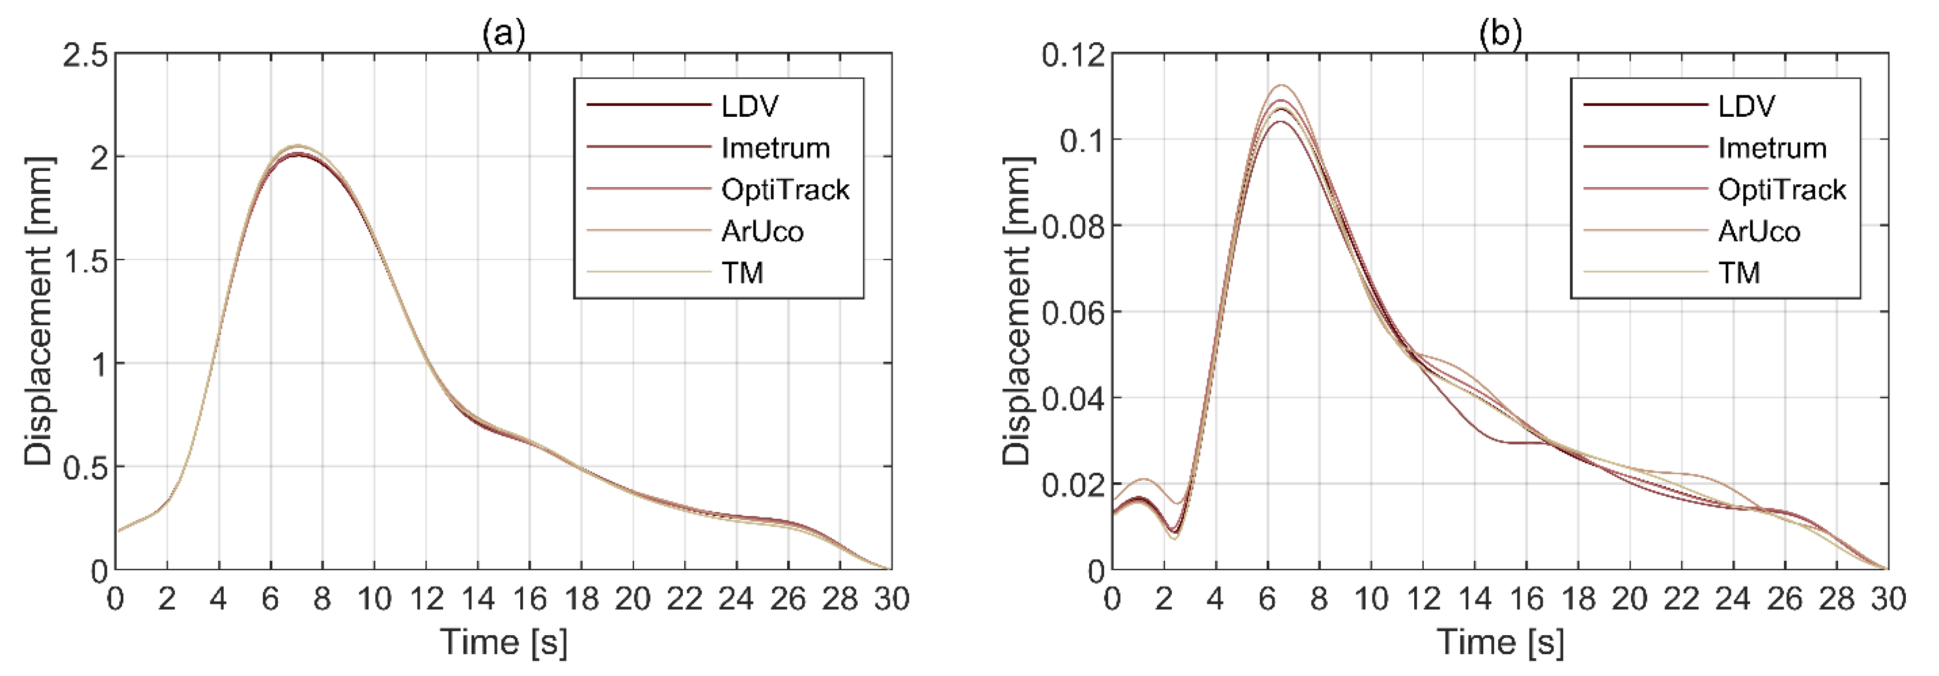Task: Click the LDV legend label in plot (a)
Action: click(x=750, y=106)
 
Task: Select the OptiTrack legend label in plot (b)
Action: click(x=1781, y=190)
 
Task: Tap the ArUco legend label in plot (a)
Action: click(x=762, y=231)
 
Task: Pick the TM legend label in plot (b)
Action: click(x=1739, y=273)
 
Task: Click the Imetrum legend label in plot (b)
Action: click(x=1772, y=149)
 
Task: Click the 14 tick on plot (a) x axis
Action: click(x=478, y=599)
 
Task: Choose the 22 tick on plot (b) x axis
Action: click(x=1681, y=599)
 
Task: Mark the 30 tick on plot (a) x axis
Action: click(x=891, y=599)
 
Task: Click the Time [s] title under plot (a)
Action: click(x=503, y=642)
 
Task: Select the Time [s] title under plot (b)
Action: click(x=1500, y=642)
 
